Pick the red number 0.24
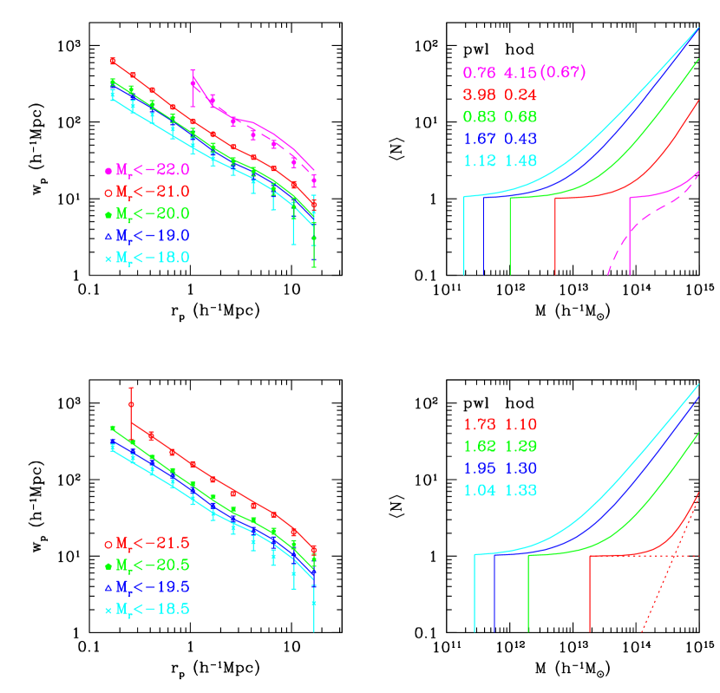(520, 95)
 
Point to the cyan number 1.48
(520, 160)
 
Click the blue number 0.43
(520, 139)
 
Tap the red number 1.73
(480, 425)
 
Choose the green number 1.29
(520, 447)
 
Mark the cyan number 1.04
(480, 491)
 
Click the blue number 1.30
(520, 469)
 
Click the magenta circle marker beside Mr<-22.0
(108, 172)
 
